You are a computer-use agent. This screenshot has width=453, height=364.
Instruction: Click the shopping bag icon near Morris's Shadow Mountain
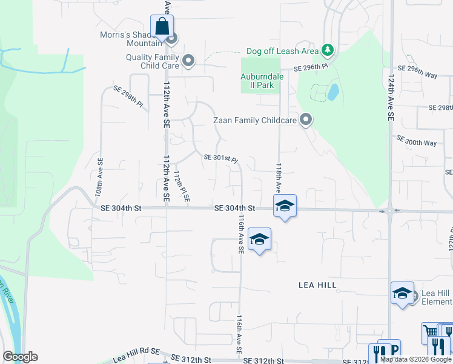[162, 27]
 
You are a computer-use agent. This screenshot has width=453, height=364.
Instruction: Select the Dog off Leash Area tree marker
[328, 49]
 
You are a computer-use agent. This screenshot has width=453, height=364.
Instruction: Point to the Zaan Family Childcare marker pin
[306, 120]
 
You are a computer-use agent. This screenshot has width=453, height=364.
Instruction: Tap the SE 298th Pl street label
[128, 96]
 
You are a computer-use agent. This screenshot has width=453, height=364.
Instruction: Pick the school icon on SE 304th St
[284, 206]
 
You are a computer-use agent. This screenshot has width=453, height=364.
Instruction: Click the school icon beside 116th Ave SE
[259, 240]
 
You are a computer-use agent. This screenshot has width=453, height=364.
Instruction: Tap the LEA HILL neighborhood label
[317, 285]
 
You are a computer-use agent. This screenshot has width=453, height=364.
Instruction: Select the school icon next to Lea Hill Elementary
[402, 294]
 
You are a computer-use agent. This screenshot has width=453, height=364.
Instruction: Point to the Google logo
[20, 357]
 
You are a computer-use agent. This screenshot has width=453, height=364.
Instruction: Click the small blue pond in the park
[332, 92]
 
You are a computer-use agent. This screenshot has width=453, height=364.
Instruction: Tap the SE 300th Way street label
[416, 143]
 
